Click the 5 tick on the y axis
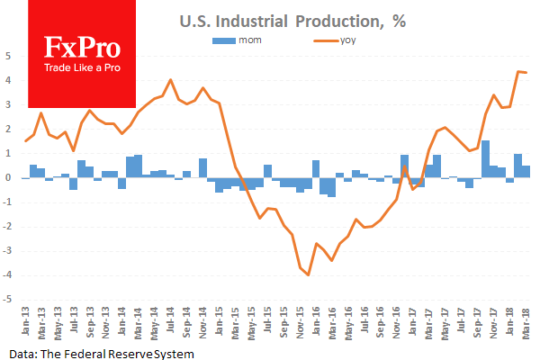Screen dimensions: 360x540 [x=8, y=56]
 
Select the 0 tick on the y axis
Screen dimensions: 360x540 [x=8, y=178]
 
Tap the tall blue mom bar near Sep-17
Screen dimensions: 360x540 [x=486, y=159]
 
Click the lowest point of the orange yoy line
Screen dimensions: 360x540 [x=309, y=274]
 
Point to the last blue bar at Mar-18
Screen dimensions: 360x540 [x=526, y=172]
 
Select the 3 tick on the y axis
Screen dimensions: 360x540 [x=8, y=104]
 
